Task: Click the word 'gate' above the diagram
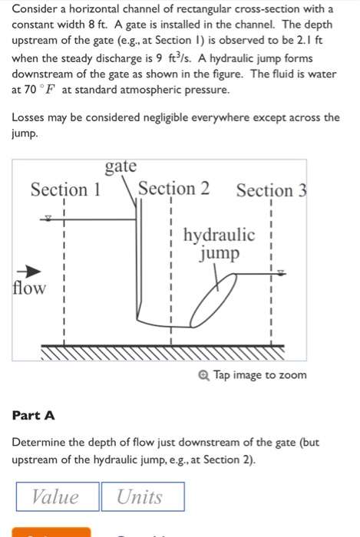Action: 121,166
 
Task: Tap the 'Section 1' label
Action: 65,189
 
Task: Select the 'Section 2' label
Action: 173,189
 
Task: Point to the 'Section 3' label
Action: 271,190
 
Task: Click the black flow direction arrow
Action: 29,272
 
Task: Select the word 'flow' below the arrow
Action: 29,288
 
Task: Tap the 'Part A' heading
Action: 34,415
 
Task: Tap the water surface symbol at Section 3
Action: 280,272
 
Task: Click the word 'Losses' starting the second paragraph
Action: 31,117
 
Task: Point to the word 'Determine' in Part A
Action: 42,443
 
